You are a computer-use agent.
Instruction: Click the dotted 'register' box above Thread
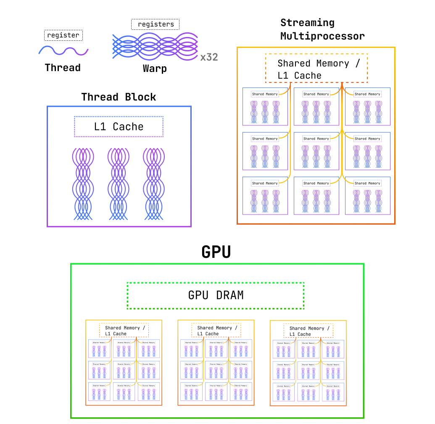[63, 35]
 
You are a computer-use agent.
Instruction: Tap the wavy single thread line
[63, 51]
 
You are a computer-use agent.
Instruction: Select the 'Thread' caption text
[63, 67]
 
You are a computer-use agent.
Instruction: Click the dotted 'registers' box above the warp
[155, 24]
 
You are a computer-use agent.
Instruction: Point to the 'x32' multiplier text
[209, 57]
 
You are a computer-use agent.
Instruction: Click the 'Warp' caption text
[155, 69]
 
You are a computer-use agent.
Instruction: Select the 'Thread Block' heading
[119, 97]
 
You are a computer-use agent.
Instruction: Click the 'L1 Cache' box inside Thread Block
[119, 127]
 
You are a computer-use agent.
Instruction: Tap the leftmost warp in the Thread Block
[83, 184]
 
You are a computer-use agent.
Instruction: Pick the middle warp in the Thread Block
[119, 184]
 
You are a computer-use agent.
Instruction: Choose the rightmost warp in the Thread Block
[154, 184]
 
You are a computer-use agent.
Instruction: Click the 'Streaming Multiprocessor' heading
[322, 29]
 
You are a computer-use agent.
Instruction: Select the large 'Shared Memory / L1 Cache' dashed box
[316, 69]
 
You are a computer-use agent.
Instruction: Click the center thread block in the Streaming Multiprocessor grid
[316, 151]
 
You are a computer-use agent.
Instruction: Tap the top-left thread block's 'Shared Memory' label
[265, 94]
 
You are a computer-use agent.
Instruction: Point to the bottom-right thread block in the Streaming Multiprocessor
[368, 196]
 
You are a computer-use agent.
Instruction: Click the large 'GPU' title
[216, 252]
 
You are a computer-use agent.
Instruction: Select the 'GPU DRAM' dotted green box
[216, 295]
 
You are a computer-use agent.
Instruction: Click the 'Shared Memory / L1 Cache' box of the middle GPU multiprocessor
[216, 330]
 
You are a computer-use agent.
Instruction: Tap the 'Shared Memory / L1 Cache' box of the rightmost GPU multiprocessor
[308, 331]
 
